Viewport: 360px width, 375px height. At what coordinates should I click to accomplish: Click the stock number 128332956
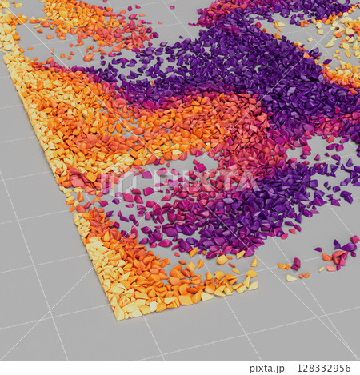[323, 369]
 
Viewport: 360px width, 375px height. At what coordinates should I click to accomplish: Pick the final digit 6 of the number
[349, 369]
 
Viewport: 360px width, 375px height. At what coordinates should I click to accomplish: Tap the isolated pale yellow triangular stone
[290, 277]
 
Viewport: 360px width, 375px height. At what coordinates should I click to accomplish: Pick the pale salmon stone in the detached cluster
[331, 268]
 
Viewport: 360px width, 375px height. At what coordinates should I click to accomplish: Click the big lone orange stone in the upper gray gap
[87, 58]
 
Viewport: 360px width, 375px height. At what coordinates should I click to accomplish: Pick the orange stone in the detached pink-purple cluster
[326, 257]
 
